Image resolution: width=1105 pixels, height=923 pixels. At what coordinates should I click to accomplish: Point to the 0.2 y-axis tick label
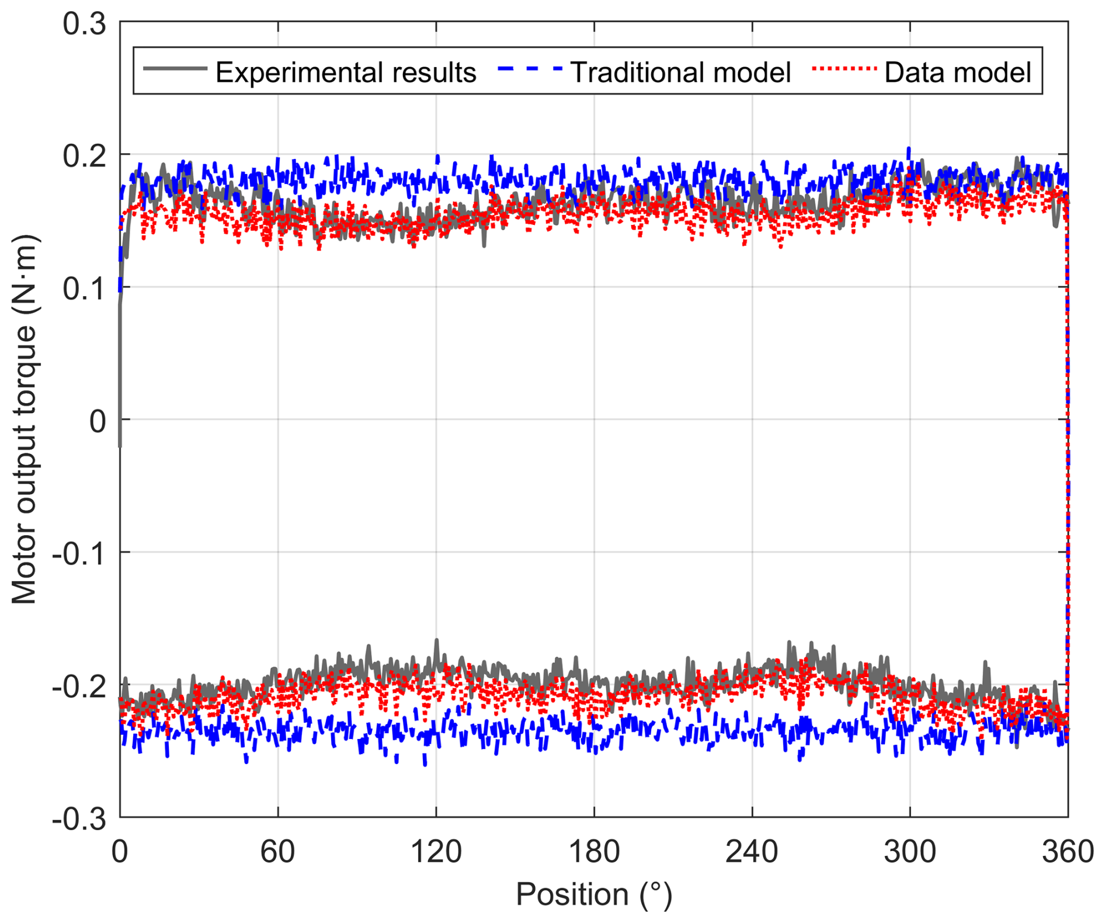(x=85, y=157)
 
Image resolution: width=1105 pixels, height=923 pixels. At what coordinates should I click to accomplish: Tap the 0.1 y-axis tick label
(x=85, y=289)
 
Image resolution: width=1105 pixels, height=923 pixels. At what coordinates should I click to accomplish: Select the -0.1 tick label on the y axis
(x=79, y=553)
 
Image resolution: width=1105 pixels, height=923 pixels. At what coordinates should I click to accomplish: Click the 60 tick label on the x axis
(x=277, y=852)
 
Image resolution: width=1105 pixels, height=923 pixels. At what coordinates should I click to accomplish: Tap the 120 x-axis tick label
(x=436, y=852)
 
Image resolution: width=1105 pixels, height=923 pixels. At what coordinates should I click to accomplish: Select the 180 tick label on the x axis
(x=594, y=852)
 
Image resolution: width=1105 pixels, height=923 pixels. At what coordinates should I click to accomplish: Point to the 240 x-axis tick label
(x=752, y=852)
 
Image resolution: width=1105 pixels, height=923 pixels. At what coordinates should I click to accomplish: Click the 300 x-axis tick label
(x=909, y=852)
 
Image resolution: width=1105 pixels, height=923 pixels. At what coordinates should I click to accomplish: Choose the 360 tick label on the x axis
(x=1068, y=852)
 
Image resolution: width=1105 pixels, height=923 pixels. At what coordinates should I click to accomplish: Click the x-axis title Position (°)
(x=594, y=894)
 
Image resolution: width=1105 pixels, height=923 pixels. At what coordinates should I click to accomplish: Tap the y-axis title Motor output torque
(x=25, y=419)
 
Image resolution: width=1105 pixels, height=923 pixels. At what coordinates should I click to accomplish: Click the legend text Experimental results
(x=346, y=72)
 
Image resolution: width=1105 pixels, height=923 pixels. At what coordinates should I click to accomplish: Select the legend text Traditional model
(x=680, y=72)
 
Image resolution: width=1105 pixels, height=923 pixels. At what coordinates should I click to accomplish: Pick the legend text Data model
(x=958, y=72)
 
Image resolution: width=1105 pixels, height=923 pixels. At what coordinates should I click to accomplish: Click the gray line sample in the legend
(x=175, y=69)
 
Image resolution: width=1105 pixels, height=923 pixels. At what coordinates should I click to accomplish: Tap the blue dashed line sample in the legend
(x=530, y=69)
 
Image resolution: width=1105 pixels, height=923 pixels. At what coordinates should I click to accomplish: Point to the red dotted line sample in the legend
(x=845, y=69)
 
